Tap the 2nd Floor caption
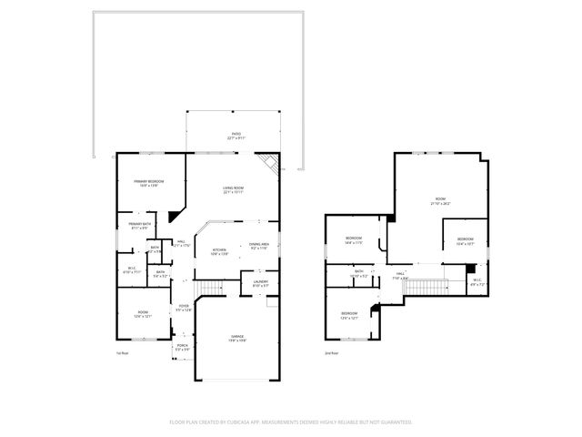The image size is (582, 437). click(331, 353)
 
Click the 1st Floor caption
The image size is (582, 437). click(121, 353)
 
